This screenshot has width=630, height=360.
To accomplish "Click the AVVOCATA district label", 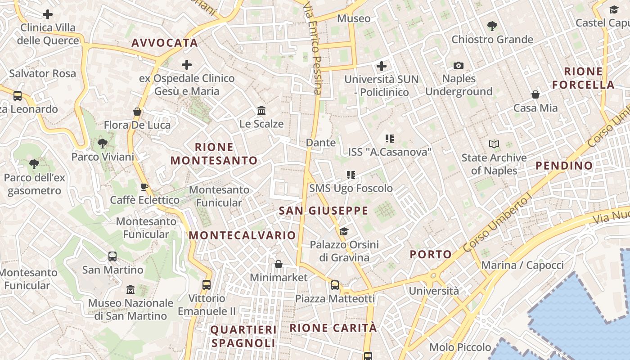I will point(165,43).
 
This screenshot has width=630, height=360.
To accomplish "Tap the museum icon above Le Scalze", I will point(261,110).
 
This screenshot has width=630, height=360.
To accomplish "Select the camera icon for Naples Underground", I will point(459,66).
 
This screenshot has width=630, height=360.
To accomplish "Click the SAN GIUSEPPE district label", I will point(323,211).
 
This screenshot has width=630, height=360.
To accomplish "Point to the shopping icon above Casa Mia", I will point(535,94).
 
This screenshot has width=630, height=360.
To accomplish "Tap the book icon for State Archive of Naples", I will point(494,144).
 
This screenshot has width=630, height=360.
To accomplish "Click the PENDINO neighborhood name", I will point(564,166).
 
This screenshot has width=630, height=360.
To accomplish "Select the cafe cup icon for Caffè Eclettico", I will point(144,187).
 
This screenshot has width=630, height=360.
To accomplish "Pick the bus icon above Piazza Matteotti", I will point(335,285).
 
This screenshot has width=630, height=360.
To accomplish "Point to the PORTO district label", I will point(431,254).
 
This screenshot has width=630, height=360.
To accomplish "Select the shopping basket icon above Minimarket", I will point(279,264).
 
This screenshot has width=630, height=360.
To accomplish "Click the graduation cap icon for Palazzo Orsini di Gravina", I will point(344,231).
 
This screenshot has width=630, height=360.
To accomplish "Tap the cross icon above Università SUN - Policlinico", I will point(382,66).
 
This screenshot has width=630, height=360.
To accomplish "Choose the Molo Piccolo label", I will point(460,347).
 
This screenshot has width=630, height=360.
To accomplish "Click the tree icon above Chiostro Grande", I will point(492,26).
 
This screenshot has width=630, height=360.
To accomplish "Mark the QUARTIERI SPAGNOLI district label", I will point(243,336).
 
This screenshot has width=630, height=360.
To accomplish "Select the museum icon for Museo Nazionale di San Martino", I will point(130,289).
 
